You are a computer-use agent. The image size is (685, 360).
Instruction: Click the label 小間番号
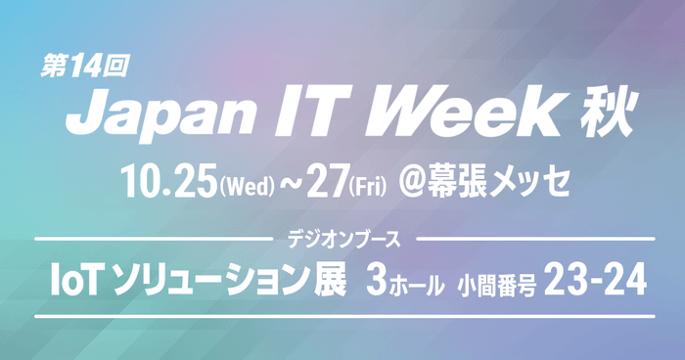(x=495, y=286)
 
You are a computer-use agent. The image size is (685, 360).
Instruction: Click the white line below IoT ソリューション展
(x=342, y=316)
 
